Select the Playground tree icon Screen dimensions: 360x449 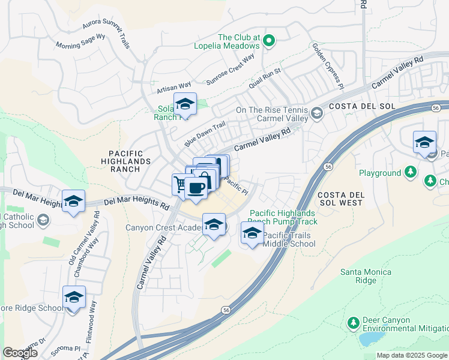[411, 173]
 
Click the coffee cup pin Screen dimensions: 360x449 [196, 188]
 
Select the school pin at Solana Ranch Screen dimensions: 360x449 [185, 104]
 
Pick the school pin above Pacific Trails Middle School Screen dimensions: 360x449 [252, 233]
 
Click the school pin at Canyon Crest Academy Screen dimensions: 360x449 [214, 224]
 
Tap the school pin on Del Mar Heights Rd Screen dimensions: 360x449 [73, 201]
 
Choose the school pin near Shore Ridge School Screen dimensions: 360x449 [74, 297]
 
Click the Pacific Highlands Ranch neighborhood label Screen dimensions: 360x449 [130, 161]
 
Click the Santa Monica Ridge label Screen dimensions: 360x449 [366, 276]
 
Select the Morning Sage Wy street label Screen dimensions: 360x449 [80, 41]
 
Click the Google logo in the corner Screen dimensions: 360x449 [20, 353]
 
